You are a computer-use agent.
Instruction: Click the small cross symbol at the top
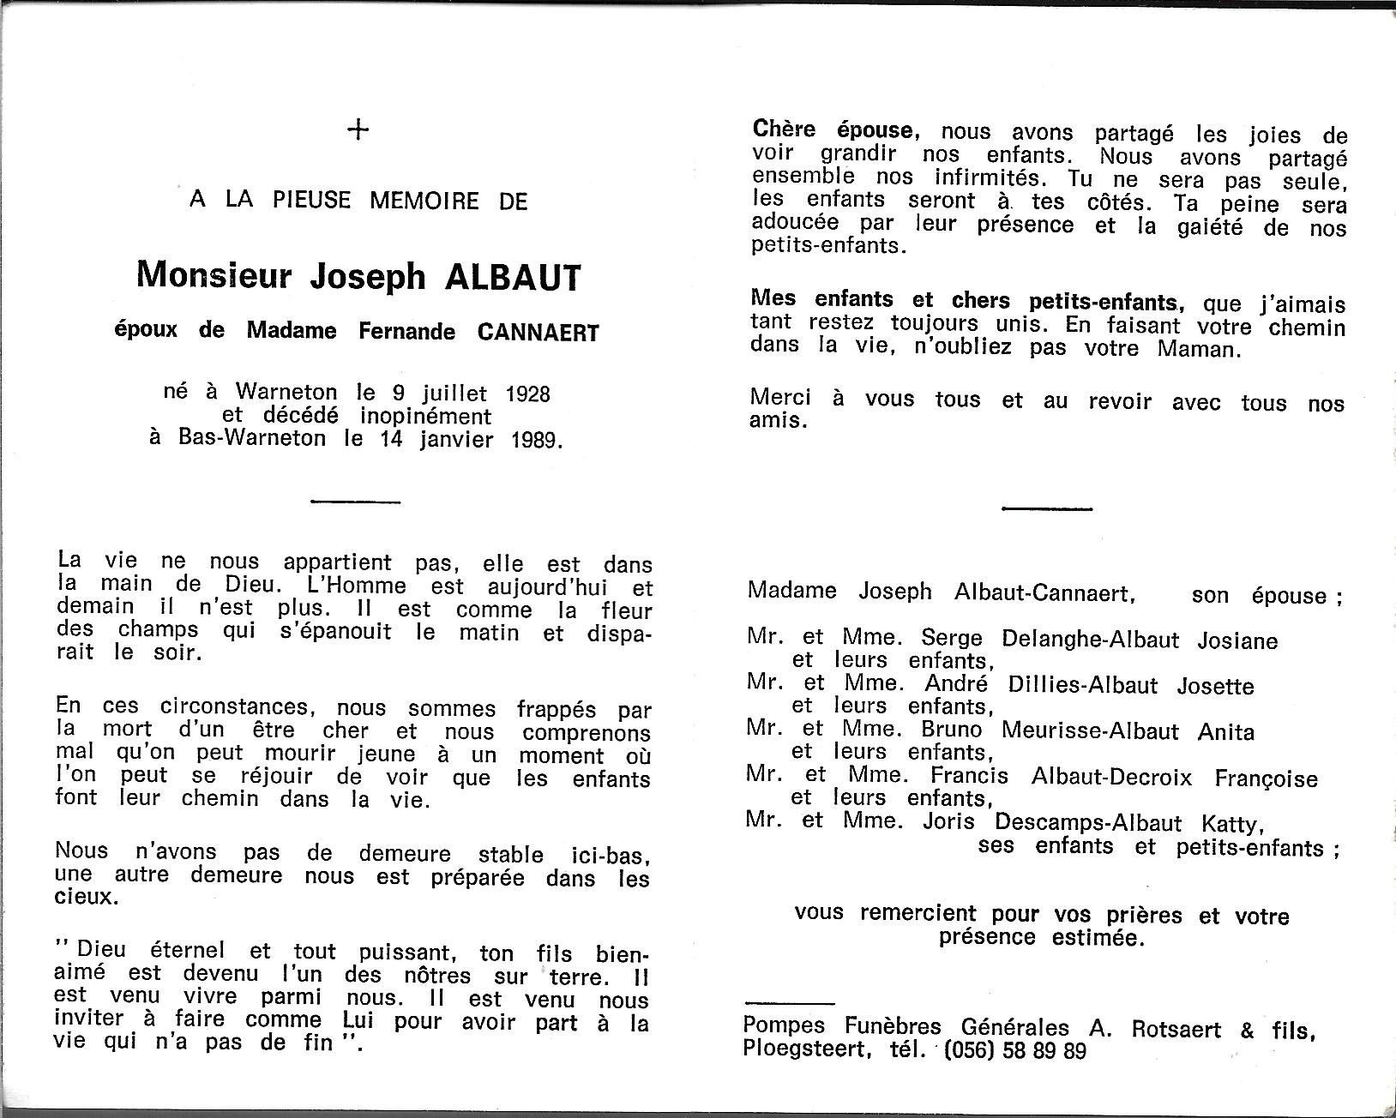point(358,130)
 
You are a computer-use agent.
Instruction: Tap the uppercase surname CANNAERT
point(537,332)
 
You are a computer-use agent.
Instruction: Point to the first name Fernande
point(407,332)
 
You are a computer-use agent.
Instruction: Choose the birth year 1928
point(528,394)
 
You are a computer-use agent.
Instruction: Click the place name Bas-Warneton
point(252,439)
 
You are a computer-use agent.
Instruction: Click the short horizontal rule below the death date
point(355,502)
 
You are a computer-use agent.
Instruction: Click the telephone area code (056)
point(972,1050)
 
